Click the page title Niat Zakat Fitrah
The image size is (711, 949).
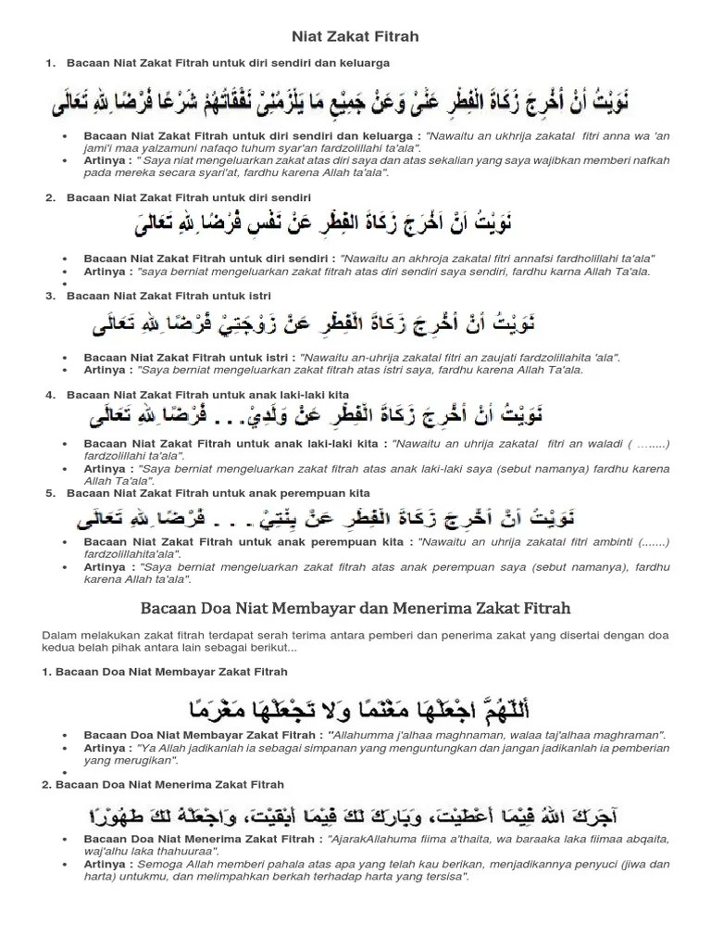click(x=355, y=36)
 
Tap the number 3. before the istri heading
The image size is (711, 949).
click(x=50, y=296)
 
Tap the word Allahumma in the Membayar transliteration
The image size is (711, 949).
click(x=352, y=734)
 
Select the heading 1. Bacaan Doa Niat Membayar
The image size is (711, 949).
click(x=165, y=671)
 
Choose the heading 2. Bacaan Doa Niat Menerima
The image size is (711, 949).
click(x=165, y=784)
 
